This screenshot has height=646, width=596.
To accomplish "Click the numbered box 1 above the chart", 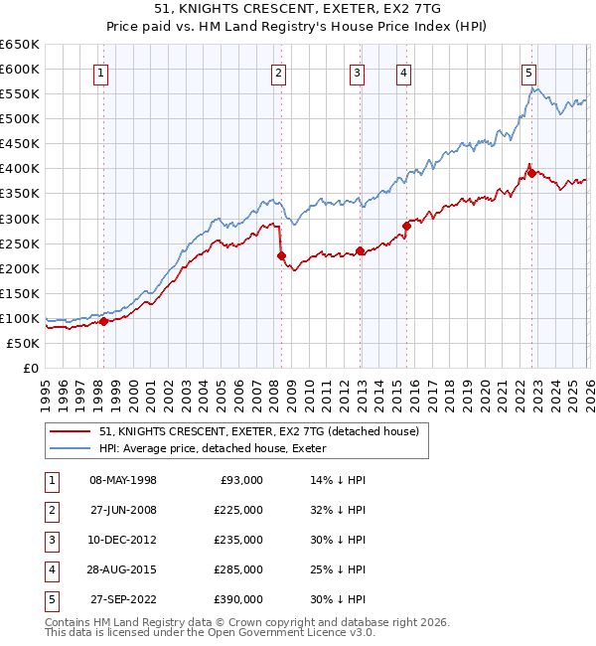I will (x=103, y=73).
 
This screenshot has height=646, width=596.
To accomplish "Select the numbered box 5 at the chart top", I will (x=528, y=73).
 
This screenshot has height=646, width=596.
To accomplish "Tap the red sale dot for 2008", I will (x=281, y=255).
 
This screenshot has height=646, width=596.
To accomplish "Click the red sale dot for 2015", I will (x=406, y=227).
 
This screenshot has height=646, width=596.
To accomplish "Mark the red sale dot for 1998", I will (x=103, y=321).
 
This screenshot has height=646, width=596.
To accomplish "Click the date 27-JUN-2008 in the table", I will (x=123, y=510).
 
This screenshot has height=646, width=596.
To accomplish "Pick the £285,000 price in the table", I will (x=238, y=569).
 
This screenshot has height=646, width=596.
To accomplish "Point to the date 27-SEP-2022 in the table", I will (x=123, y=599).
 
